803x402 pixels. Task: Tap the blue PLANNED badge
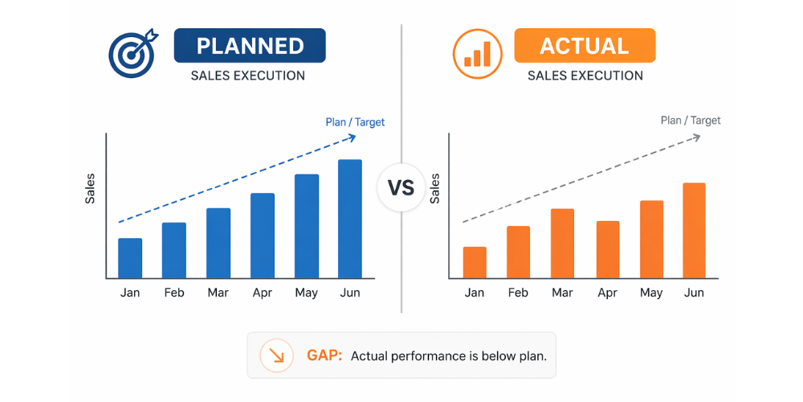[x=250, y=46]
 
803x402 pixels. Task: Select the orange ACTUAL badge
[x=585, y=46]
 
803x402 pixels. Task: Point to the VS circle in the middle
[x=401, y=188]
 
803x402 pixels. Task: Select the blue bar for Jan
[x=130, y=258]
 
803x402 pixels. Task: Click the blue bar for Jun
[x=350, y=219]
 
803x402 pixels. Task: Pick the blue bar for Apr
[x=263, y=236]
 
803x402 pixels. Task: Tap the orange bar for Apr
[x=608, y=249]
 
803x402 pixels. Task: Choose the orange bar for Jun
[x=694, y=231]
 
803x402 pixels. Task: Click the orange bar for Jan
[x=475, y=262]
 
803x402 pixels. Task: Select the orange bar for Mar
[x=562, y=244]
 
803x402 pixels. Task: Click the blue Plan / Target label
[x=355, y=122]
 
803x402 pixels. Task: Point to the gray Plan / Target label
[x=691, y=121]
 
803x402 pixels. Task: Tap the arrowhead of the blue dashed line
[x=351, y=137]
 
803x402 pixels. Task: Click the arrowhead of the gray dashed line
[x=695, y=137]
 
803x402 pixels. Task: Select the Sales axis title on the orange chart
[x=435, y=188]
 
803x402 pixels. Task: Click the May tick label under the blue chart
[x=306, y=293]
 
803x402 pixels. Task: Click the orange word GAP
[x=324, y=355]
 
